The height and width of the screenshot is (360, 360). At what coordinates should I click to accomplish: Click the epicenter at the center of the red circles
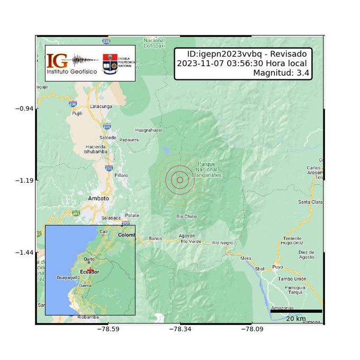180,180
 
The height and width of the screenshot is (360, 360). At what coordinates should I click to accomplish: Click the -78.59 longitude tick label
109,329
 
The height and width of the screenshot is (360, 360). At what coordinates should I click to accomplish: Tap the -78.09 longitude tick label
253,329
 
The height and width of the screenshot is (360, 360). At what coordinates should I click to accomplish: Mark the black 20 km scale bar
296,311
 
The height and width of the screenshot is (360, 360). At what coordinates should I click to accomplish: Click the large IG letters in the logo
57,60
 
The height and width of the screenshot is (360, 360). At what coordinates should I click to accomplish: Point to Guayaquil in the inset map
68,277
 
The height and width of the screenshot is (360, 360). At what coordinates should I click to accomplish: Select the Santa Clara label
311,202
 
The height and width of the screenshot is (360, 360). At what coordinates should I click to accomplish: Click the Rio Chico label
186,216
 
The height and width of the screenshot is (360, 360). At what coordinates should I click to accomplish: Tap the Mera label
246,258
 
